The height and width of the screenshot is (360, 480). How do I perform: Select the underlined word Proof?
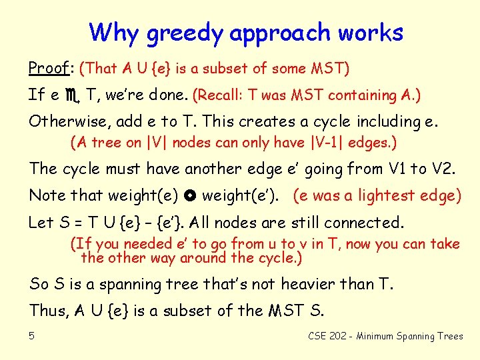(49, 68)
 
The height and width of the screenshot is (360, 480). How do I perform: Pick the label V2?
(442, 169)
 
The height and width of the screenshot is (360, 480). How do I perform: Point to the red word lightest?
(383, 196)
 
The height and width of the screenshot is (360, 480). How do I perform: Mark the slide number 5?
(32, 336)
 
